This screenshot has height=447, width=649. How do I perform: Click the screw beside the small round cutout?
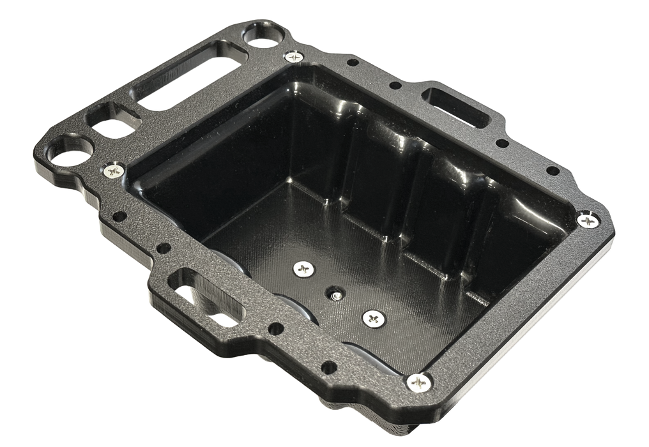click(x=294, y=56)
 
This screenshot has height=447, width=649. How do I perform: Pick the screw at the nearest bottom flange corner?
click(x=419, y=382)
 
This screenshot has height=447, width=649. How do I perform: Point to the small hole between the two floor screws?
click(x=334, y=294)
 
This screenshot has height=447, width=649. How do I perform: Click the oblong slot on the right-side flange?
click(x=457, y=104)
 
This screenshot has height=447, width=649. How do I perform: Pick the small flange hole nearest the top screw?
click(x=350, y=63)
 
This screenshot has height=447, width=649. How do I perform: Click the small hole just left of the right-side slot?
click(x=395, y=85)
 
